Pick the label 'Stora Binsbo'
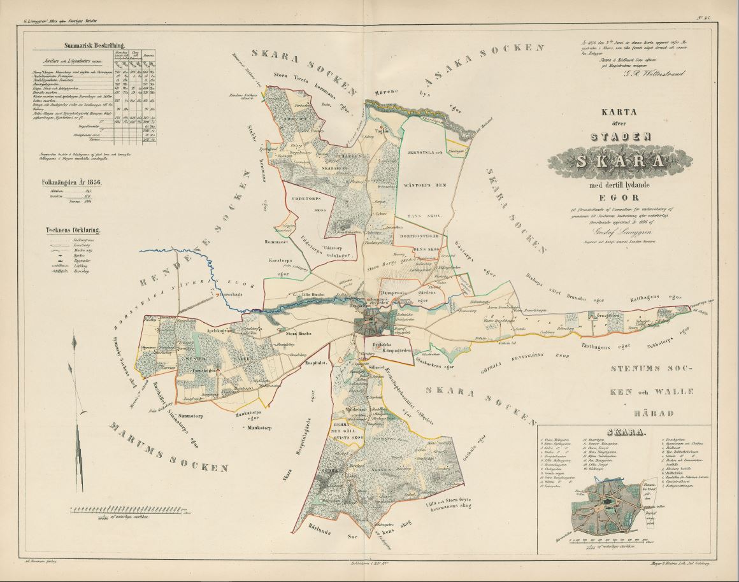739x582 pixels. [299, 333]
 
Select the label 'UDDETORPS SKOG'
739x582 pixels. [313, 204]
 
